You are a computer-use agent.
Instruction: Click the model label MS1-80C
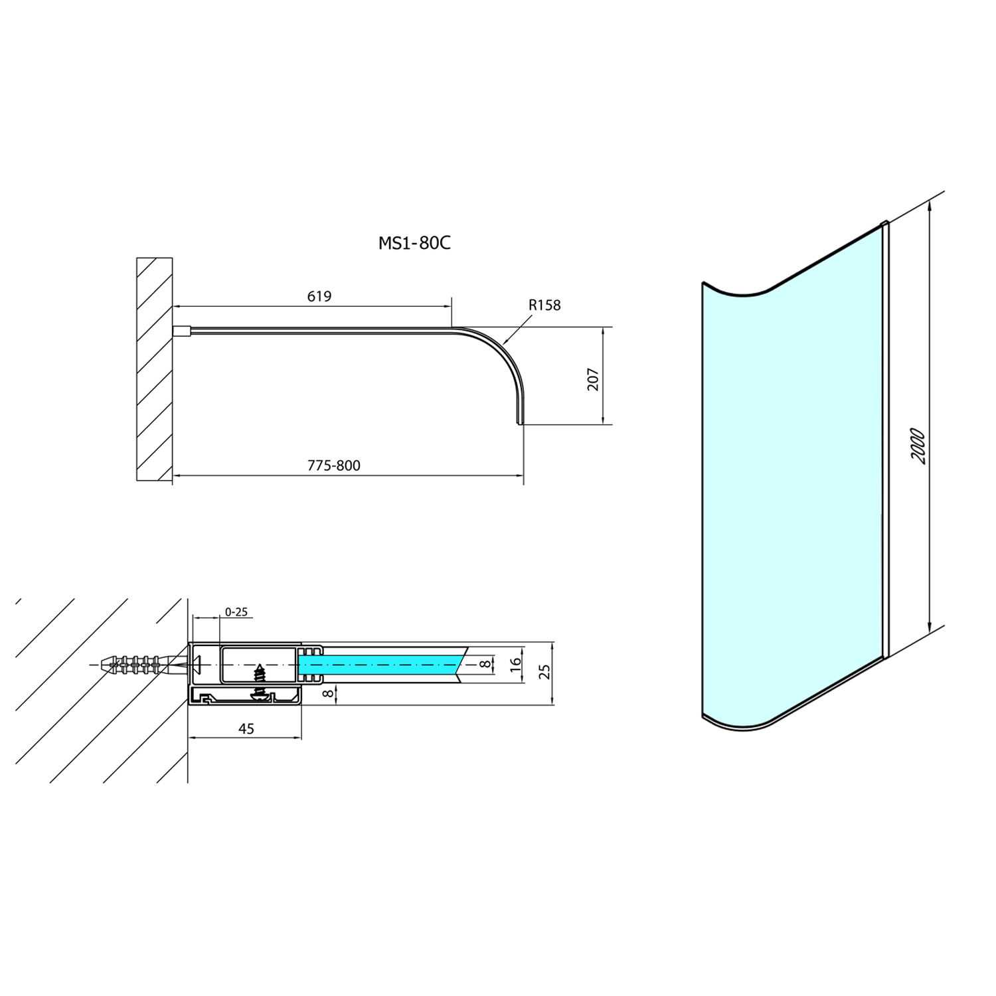[414, 243]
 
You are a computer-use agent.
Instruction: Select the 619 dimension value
[319, 296]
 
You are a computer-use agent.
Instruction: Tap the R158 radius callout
[544, 305]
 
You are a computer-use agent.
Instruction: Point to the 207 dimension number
[593, 379]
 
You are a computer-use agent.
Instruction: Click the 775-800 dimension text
[334, 465]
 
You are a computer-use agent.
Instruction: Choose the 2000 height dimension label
[918, 446]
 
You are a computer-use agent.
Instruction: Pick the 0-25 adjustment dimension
[236, 612]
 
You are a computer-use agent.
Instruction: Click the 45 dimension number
[246, 728]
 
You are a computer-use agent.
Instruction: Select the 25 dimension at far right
[544, 671]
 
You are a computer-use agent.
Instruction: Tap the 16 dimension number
[516, 665]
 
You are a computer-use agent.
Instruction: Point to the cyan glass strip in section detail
[378, 663]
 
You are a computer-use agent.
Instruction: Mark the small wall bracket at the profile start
[182, 331]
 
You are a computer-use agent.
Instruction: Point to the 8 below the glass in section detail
[327, 694]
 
